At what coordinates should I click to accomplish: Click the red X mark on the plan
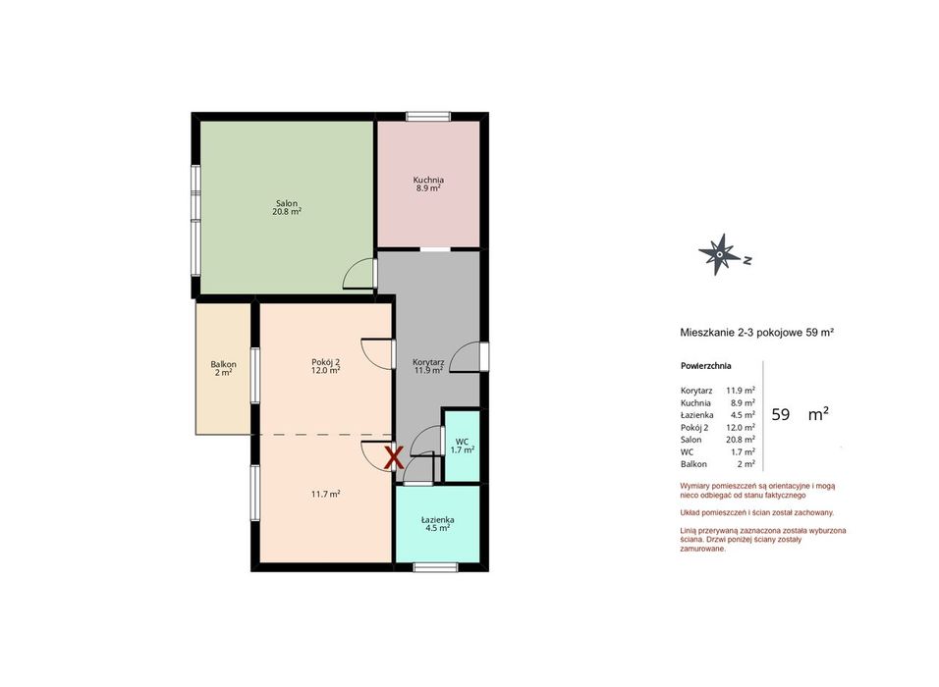[x=394, y=457]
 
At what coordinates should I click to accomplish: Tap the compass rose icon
[x=720, y=254]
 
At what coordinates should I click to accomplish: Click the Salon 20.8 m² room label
[x=287, y=207]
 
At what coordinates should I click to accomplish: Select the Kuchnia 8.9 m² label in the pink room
[x=428, y=184]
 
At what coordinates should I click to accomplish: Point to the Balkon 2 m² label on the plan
[x=223, y=368]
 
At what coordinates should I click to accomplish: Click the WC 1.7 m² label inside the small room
[x=463, y=446]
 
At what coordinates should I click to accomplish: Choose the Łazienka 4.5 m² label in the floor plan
[x=437, y=524]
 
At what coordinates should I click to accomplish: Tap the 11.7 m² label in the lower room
[x=326, y=495]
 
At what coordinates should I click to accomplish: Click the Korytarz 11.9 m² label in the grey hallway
[x=428, y=366]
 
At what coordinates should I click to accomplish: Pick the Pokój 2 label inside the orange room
[x=326, y=361]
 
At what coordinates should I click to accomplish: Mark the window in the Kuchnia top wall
[x=428, y=116]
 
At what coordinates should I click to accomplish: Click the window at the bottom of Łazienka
[x=436, y=567]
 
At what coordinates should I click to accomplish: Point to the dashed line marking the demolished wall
[x=321, y=435]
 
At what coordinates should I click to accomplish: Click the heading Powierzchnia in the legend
[x=705, y=366]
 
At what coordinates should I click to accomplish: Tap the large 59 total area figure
[x=780, y=415]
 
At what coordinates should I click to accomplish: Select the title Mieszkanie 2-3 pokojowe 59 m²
[x=757, y=332]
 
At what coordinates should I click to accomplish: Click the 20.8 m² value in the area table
[x=741, y=440]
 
